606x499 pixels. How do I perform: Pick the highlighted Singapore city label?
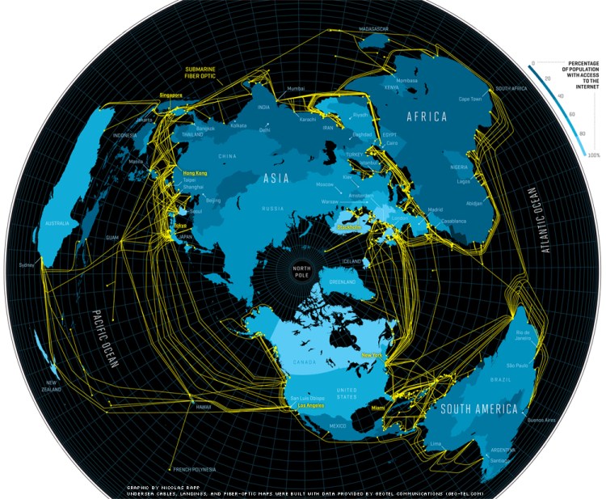(171, 95)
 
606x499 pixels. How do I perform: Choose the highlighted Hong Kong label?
(196, 173)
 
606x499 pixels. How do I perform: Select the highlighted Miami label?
(378, 409)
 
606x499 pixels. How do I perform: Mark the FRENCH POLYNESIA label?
(192, 469)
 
